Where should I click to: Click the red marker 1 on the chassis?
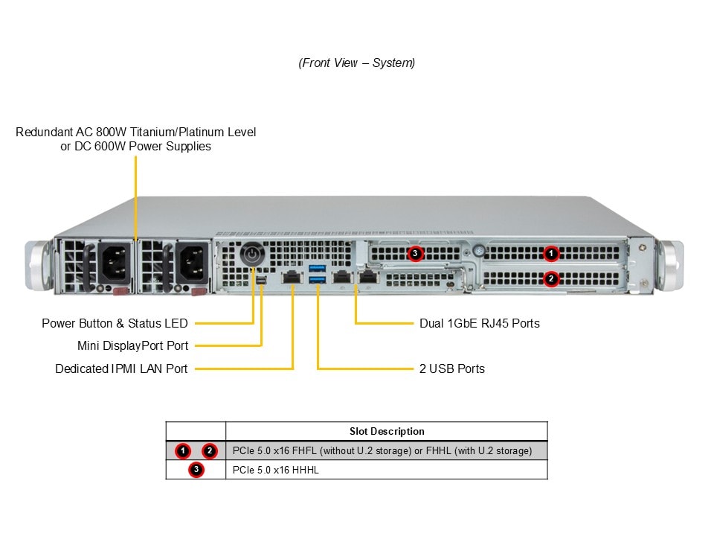(550, 254)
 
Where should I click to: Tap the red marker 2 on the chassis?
(551, 279)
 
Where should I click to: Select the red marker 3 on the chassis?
(415, 254)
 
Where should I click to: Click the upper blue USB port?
(317, 267)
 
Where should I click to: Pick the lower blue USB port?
(317, 281)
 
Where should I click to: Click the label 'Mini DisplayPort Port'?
(132, 345)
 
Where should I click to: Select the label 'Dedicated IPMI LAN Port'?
(121, 368)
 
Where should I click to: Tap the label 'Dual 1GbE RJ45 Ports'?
(480, 323)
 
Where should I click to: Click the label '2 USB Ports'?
(452, 368)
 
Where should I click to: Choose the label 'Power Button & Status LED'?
(115, 323)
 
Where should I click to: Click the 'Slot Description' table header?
(387, 431)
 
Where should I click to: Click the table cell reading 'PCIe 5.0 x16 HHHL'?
(275, 470)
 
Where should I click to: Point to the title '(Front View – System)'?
(357, 63)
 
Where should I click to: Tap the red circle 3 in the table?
(196, 470)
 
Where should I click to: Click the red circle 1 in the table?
(183, 450)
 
